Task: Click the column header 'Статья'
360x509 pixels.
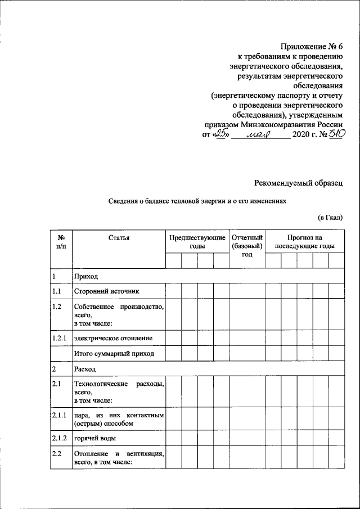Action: pos(119,238)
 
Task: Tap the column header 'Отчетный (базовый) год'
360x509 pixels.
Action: pos(247,246)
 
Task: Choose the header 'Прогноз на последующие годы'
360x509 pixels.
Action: pos(304,242)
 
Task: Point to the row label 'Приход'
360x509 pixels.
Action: pos(86,277)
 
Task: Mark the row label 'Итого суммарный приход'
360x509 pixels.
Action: pos(114,354)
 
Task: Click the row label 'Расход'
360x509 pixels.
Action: pos(85,370)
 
